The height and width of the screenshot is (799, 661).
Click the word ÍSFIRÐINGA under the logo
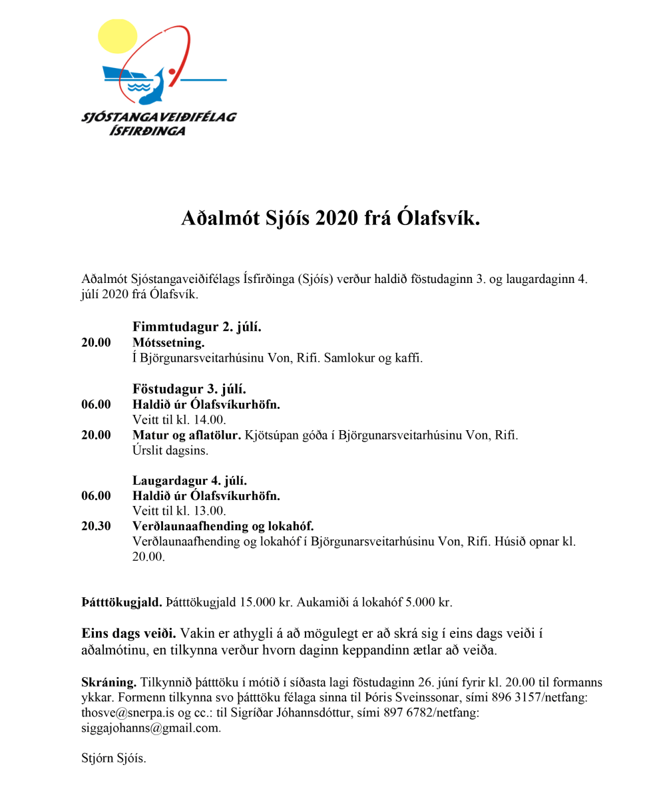tap(147, 131)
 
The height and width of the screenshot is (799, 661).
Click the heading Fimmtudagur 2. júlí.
tap(197, 327)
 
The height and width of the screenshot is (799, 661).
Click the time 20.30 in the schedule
tap(96, 526)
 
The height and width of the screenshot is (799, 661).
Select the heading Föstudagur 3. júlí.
tap(189, 389)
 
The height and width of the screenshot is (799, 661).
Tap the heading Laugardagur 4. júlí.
tap(190, 480)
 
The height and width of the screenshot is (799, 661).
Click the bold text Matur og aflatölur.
tap(188, 435)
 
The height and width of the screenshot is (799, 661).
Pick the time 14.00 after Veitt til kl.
tap(211, 420)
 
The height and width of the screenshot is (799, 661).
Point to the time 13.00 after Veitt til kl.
tap(211, 511)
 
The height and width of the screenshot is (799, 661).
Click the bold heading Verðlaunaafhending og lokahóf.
tap(223, 526)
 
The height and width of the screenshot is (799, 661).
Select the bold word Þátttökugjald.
tap(122, 603)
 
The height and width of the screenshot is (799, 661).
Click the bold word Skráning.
tap(109, 683)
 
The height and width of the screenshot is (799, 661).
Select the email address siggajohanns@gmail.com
tap(150, 728)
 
